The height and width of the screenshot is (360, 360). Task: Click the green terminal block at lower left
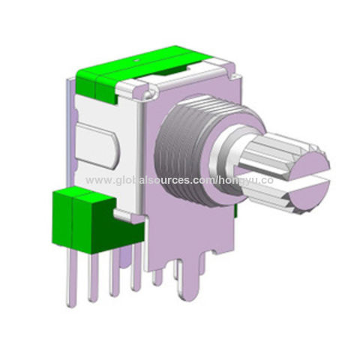[x=79, y=217]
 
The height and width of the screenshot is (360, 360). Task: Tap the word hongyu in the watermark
[x=238, y=181]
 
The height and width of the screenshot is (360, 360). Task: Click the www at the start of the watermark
[x=95, y=181]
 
